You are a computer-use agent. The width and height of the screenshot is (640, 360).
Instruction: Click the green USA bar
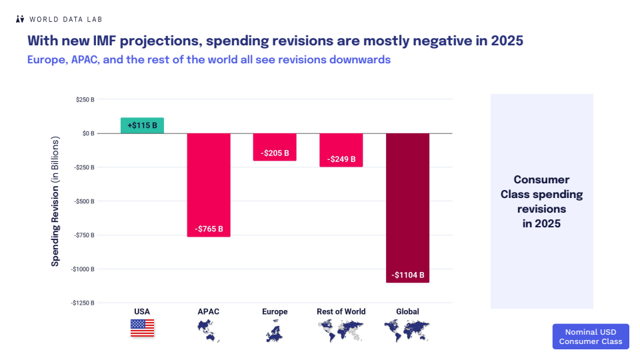(142, 125)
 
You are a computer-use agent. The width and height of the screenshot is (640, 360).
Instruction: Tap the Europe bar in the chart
(275, 147)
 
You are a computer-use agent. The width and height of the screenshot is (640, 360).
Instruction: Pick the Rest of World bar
(341, 149)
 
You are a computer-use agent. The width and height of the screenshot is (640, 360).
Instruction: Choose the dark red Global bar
(408, 207)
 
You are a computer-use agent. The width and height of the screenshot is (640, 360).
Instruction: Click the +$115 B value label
(143, 125)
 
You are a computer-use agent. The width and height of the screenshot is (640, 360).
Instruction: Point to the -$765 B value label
(209, 229)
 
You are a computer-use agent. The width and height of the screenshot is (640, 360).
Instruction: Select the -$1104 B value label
(408, 275)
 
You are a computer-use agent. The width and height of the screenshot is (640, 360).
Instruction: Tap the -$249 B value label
(341, 159)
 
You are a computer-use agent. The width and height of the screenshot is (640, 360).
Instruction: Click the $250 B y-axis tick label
(85, 99)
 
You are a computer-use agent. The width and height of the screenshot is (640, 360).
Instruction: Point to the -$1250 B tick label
(83, 303)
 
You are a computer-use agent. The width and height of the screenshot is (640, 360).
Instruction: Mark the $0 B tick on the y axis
(88, 133)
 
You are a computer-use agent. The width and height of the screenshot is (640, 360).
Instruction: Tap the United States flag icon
(142, 328)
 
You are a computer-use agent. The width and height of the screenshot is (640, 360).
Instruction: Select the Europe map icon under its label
(275, 330)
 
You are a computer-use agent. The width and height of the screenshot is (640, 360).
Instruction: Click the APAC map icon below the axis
(209, 330)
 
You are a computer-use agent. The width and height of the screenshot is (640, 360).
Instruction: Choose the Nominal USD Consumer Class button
(590, 337)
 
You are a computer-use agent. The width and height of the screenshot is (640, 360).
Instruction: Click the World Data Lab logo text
(65, 19)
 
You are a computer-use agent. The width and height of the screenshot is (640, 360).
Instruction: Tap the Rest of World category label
(341, 311)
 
